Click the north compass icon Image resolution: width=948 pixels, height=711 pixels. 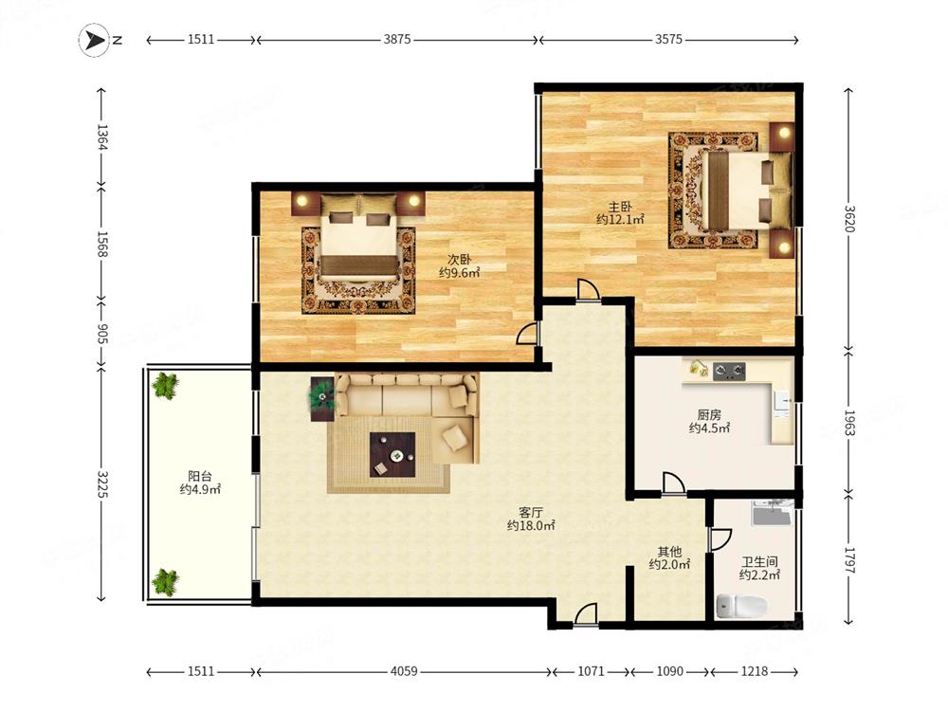click(x=94, y=40)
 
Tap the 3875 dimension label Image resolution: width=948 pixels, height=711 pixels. click(x=396, y=39)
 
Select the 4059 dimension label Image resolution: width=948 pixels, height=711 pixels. click(x=403, y=671)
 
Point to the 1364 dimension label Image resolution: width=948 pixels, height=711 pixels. click(x=101, y=137)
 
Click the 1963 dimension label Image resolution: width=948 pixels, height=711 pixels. click(x=848, y=423)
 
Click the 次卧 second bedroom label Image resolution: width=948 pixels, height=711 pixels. click(x=459, y=260)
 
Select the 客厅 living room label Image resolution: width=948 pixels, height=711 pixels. click(x=531, y=513)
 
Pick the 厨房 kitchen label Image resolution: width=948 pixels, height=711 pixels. click(x=709, y=415)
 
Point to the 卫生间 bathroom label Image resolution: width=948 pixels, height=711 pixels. click(x=759, y=561)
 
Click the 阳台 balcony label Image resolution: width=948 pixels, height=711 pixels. click(x=199, y=476)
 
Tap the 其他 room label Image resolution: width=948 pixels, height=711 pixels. click(x=670, y=552)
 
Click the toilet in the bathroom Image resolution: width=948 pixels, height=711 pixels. click(x=741, y=605)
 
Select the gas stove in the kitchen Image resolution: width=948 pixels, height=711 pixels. click(x=729, y=371)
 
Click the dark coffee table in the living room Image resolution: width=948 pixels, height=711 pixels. click(x=392, y=454)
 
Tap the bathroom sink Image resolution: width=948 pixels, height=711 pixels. click(x=772, y=514)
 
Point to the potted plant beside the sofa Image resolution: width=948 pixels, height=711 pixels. click(x=321, y=396)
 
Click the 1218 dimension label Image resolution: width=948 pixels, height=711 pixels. click(x=754, y=671)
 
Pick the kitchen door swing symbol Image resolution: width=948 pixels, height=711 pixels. click(x=673, y=483)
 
